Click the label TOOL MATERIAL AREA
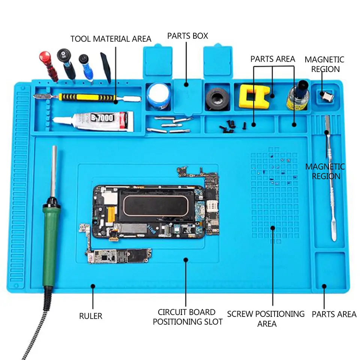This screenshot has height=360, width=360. [111, 39]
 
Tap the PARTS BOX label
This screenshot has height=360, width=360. [187, 36]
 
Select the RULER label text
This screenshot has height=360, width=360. [90, 316]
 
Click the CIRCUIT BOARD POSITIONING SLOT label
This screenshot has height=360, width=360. [187, 317]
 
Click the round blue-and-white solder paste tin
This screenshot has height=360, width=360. [158, 96]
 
